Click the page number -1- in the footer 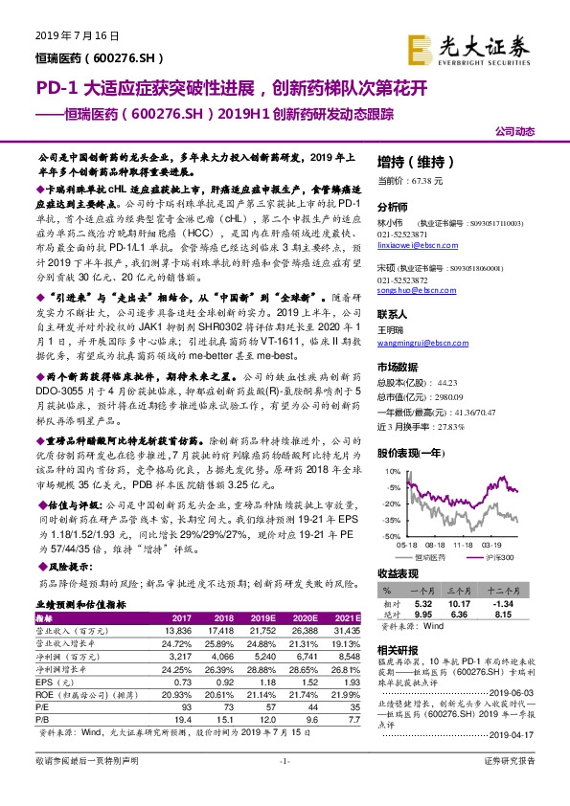[x=284, y=787]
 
